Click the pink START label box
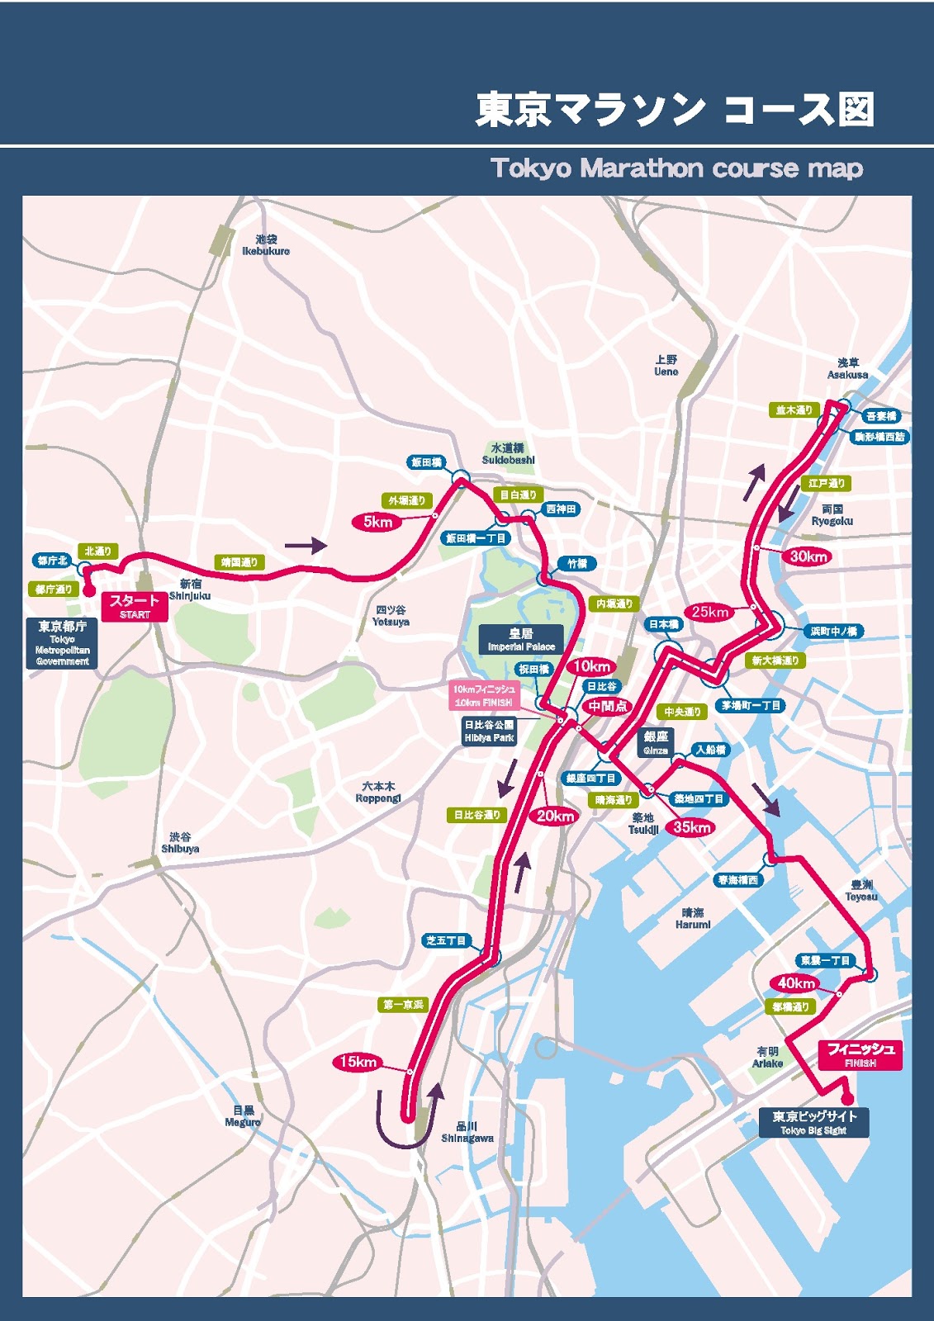pyautogui.click(x=135, y=607)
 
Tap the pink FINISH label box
pyautogui.click(x=861, y=1055)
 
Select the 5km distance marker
pyautogui.click(x=377, y=522)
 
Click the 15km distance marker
pyautogui.click(x=358, y=1063)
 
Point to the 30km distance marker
pyautogui.click(x=808, y=556)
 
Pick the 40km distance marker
pyautogui.click(x=796, y=983)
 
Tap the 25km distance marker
pyautogui.click(x=710, y=612)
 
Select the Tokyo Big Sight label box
pyautogui.click(x=813, y=1122)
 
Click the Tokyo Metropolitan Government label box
pyautogui.click(x=62, y=642)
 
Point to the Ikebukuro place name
pyautogui.click(x=266, y=245)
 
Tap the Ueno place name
pyautogui.click(x=666, y=366)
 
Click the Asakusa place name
pyautogui.click(x=847, y=368)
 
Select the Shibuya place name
pyautogui.click(x=180, y=843)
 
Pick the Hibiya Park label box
pyautogui.click(x=489, y=732)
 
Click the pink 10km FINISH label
pyautogui.click(x=484, y=695)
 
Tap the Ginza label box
pyautogui.click(x=656, y=742)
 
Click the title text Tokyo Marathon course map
pyautogui.click(x=676, y=168)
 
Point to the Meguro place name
pyautogui.click(x=243, y=1116)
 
